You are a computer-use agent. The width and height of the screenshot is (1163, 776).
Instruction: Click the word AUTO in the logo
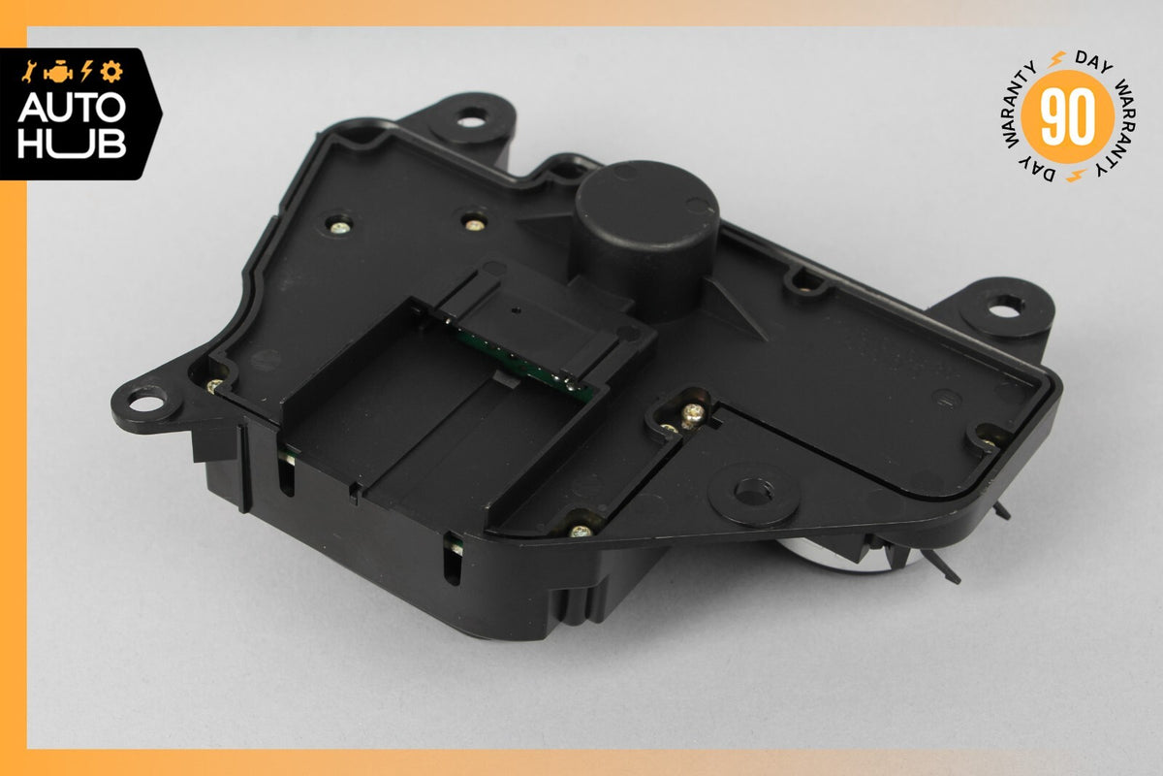(x=72, y=108)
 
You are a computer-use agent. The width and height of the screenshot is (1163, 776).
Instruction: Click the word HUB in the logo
(x=72, y=143)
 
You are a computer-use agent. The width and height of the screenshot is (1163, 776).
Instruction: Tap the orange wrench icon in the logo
(x=28, y=71)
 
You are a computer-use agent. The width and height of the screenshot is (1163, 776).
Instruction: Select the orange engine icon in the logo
(x=58, y=72)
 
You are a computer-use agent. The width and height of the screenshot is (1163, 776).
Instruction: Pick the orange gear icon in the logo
(x=111, y=71)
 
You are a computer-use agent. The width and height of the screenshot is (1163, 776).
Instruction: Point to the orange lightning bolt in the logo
(x=86, y=71)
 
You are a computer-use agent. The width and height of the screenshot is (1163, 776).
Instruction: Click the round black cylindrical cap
(x=645, y=235)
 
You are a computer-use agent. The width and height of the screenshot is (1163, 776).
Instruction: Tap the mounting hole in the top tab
(x=471, y=120)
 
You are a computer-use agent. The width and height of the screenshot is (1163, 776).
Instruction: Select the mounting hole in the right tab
(x=1006, y=307)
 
